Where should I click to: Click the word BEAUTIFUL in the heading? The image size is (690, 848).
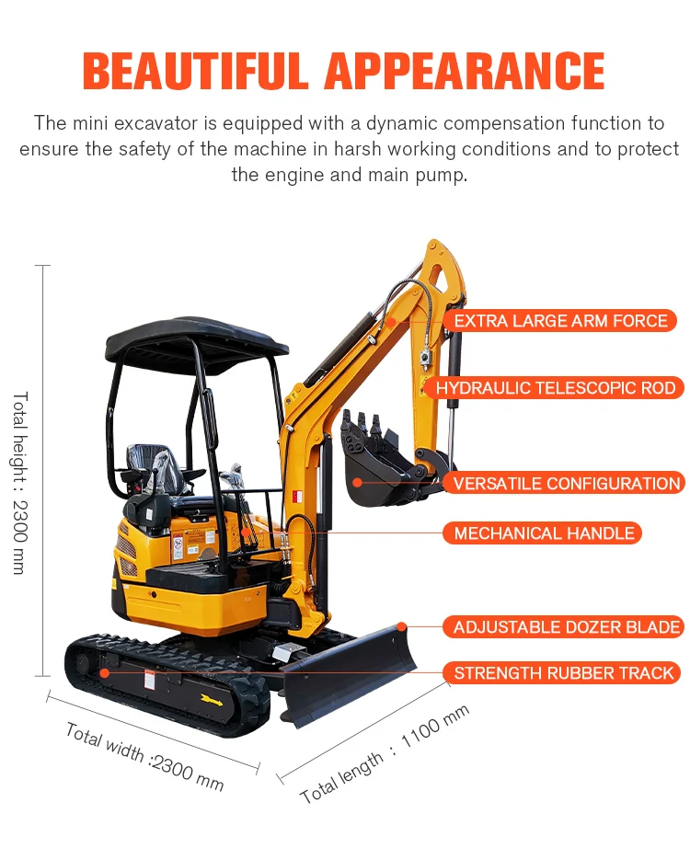(196, 71)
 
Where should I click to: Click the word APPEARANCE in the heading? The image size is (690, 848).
(465, 71)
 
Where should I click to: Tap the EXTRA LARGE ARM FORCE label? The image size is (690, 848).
(560, 321)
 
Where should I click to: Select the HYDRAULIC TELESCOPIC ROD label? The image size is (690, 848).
(555, 388)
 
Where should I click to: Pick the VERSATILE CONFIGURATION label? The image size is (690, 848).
(566, 483)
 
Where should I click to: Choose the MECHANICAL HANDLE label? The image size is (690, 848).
(544, 533)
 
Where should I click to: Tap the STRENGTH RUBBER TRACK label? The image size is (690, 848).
(563, 673)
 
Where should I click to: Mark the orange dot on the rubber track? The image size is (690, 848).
(104, 673)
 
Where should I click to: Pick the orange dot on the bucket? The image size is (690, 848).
(357, 482)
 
